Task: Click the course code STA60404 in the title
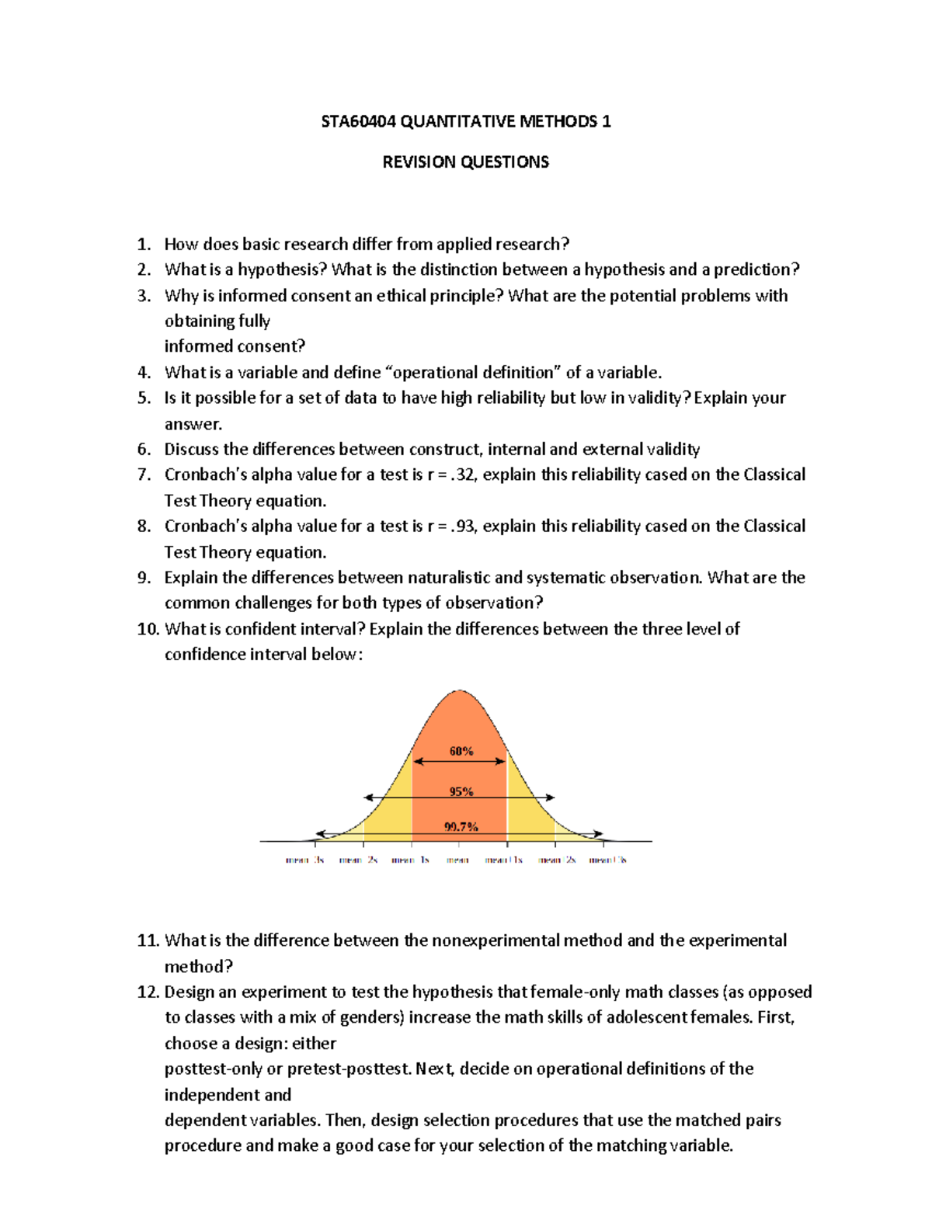pyautogui.click(x=358, y=121)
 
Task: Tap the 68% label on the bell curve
pyautogui.click(x=461, y=751)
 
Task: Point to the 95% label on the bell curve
pyautogui.click(x=461, y=791)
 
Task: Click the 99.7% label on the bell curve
pyautogui.click(x=461, y=827)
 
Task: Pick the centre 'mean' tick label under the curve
pyautogui.click(x=457, y=860)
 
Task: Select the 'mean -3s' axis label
pyautogui.click(x=304, y=860)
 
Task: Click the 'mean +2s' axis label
pyautogui.click(x=557, y=860)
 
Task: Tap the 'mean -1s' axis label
pyautogui.click(x=410, y=860)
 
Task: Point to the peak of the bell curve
pyautogui.click(x=460, y=690)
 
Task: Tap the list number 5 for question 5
pyautogui.click(x=143, y=398)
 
